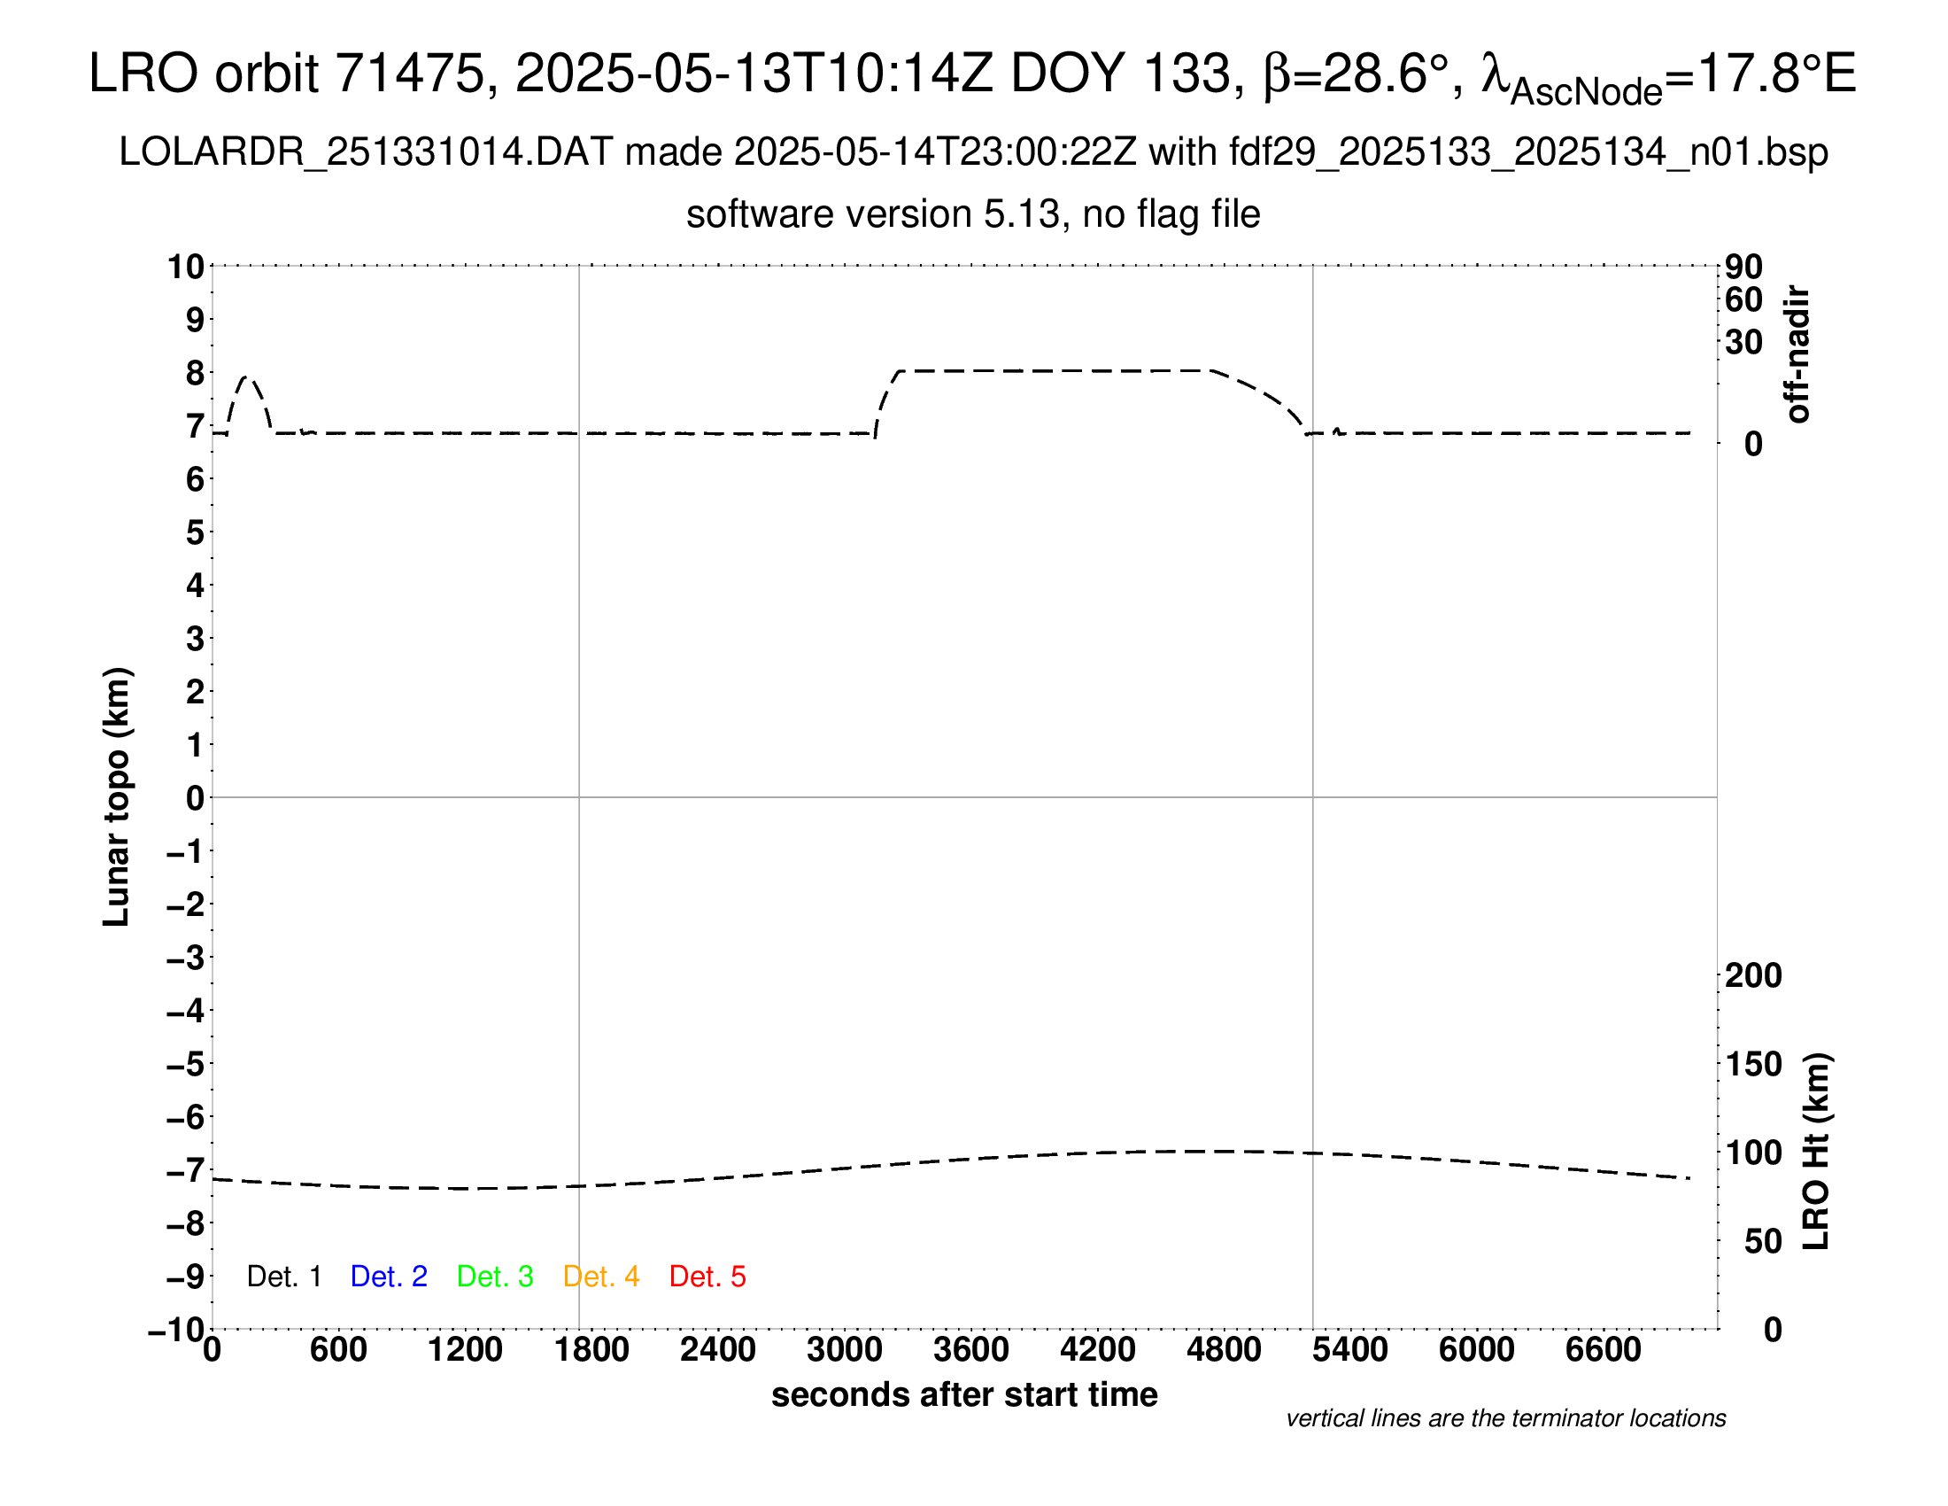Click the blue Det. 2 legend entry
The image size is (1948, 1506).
pyautogui.click(x=389, y=1277)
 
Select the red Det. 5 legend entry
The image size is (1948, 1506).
pyautogui.click(x=707, y=1277)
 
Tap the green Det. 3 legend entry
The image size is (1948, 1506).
pyautogui.click(x=495, y=1277)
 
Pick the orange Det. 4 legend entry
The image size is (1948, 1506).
pyautogui.click(x=601, y=1277)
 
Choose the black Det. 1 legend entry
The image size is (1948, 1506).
pyautogui.click(x=283, y=1277)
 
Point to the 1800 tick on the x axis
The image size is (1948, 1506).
pyautogui.click(x=591, y=1350)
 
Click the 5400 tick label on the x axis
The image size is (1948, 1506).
pyautogui.click(x=1350, y=1350)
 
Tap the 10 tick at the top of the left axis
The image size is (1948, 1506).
pyautogui.click(x=187, y=267)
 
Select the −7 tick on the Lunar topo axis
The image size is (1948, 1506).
pyautogui.click(x=187, y=1170)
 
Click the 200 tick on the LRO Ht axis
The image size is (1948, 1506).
pyautogui.click(x=1753, y=976)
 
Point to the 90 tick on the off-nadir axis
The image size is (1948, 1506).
pyautogui.click(x=1743, y=267)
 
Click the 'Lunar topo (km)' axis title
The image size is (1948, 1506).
pyautogui.click(x=117, y=796)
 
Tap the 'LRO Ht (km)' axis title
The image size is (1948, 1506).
pyautogui.click(x=1816, y=1152)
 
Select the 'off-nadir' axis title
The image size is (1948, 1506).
pyautogui.click(x=1798, y=354)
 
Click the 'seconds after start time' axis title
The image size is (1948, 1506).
pyautogui.click(x=964, y=1395)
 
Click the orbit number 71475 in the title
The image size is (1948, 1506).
pyautogui.click(x=409, y=74)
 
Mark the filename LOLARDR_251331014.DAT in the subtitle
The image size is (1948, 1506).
pyautogui.click(x=366, y=152)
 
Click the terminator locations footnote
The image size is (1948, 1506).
pyautogui.click(x=1505, y=1418)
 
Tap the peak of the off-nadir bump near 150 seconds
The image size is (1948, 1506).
pyautogui.click(x=249, y=377)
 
